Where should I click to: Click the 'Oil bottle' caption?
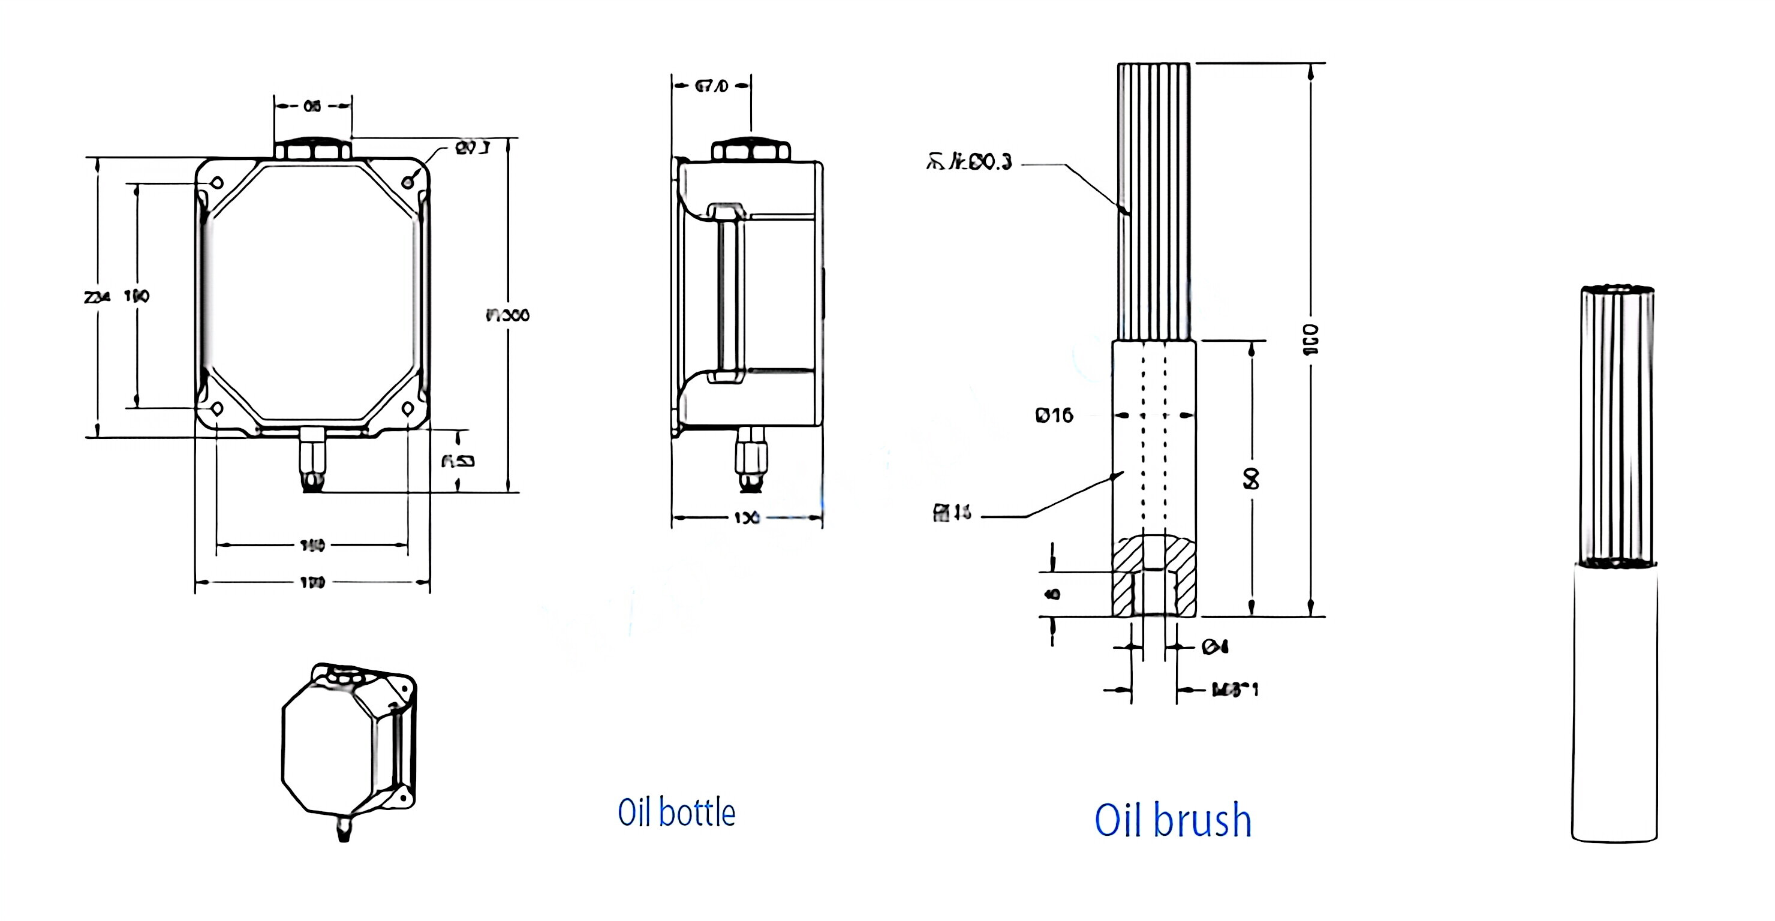click(x=676, y=813)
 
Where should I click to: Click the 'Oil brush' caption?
click(x=1173, y=820)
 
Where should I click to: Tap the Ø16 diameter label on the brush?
click(x=1054, y=416)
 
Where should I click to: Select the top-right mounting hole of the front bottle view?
click(x=408, y=181)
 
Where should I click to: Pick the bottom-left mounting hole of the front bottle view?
click(x=216, y=408)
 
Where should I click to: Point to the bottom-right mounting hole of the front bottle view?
click(x=408, y=408)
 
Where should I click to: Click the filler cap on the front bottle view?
click(x=313, y=149)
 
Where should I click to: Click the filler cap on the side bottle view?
click(x=750, y=151)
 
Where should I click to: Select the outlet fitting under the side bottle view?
click(x=750, y=458)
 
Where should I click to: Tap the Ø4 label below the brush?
click(x=1215, y=646)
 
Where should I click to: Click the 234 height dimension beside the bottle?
click(x=97, y=297)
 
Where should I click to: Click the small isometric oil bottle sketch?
click(x=348, y=747)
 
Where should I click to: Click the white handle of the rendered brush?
click(x=1614, y=703)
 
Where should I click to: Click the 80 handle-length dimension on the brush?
click(x=1251, y=478)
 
